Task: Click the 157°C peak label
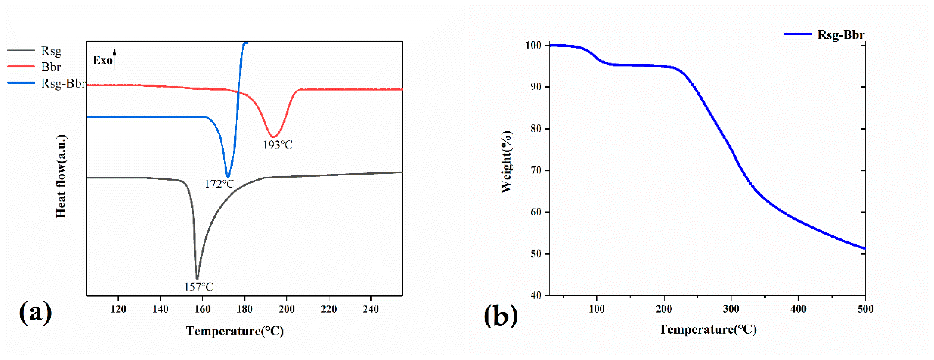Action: tap(199, 287)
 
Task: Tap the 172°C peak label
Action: tap(219, 184)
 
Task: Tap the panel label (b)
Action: tap(501, 315)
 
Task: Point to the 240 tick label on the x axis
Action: tap(370, 309)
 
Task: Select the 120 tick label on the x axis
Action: tap(118, 309)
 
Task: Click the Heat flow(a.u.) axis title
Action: tap(61, 176)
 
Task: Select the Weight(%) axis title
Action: tap(506, 162)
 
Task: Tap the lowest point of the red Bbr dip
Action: tap(274, 137)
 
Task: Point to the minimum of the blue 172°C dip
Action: tap(228, 177)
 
